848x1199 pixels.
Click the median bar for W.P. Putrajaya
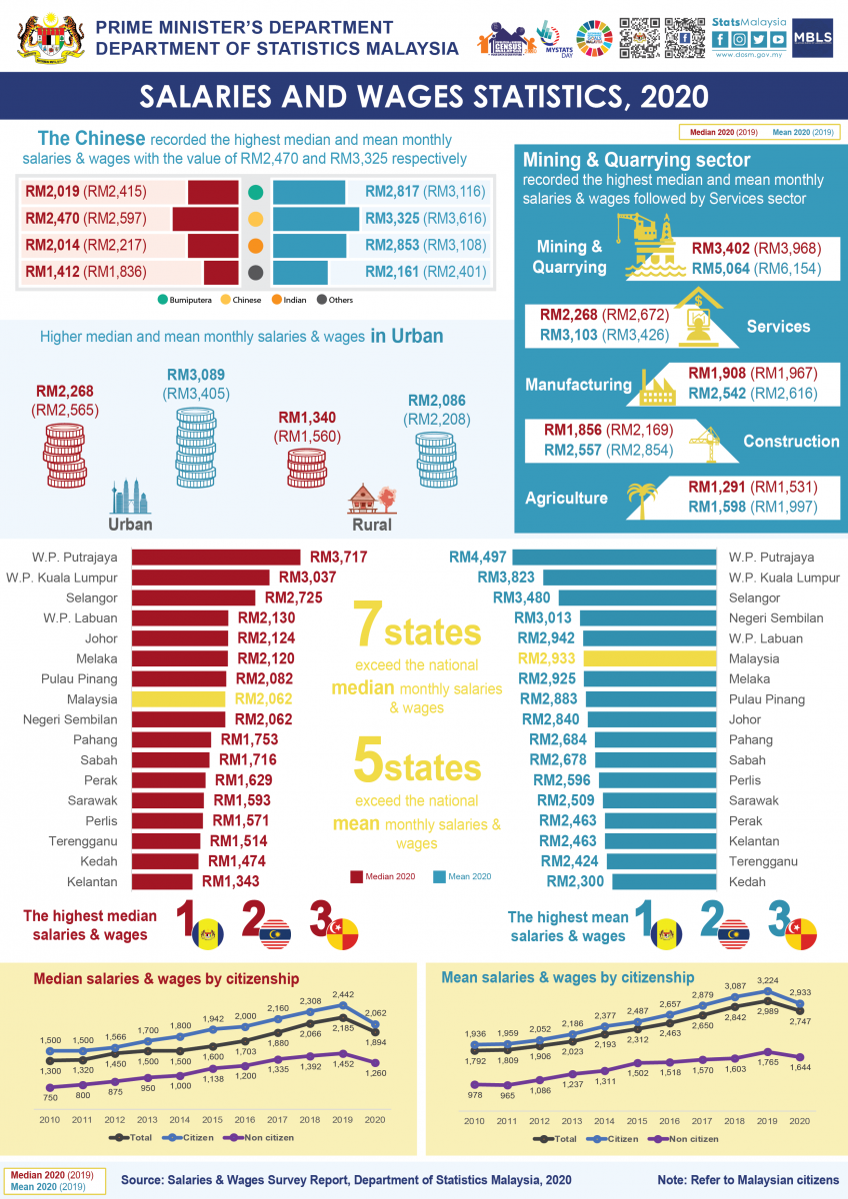pos(215,558)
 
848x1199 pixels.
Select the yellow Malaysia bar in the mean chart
pos(650,658)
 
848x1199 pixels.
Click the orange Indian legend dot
pos(255,246)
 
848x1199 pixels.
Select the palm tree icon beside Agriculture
pos(641,497)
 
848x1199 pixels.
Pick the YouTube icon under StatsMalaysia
pos(776,39)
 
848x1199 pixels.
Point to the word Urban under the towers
pos(130,524)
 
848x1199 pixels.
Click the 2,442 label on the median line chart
pos(344,995)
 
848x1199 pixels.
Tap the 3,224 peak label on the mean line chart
pos(767,980)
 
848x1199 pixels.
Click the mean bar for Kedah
pos(664,881)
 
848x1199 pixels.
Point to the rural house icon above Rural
pos(370,497)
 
